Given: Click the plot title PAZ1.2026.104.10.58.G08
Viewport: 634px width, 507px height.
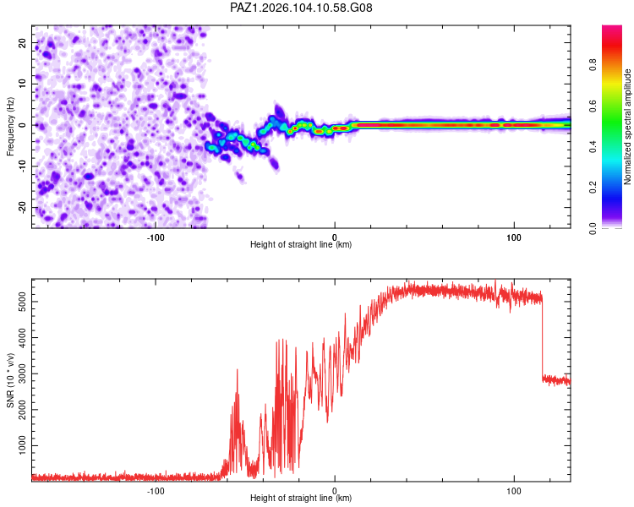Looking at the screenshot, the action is click(301, 8).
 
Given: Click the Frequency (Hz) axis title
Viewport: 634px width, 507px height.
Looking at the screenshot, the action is click(10, 127).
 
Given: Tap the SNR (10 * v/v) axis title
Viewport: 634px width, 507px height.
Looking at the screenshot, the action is click(10, 380).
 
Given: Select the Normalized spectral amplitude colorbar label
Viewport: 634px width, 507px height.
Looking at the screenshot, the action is click(627, 127).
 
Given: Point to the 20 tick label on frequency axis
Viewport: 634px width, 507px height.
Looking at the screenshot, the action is click(22, 42).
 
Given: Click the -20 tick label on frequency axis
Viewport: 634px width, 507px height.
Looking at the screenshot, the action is click(22, 208).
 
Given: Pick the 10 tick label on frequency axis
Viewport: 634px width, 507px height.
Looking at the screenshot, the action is click(22, 84).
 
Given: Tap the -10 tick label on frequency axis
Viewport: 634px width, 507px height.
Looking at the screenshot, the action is click(22, 166).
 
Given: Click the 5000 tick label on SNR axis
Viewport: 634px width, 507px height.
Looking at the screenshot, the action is click(22, 302).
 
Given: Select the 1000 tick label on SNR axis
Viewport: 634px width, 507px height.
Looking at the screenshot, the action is click(22, 445).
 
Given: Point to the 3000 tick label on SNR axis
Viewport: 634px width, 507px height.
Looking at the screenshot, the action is click(22, 373).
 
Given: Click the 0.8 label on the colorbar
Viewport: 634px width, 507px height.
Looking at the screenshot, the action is click(593, 64).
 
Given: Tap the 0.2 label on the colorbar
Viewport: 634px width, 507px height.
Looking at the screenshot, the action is click(593, 188).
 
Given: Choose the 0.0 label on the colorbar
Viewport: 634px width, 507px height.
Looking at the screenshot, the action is click(593, 228).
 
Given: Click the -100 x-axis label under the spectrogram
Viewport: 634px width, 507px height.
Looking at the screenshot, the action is click(156, 237).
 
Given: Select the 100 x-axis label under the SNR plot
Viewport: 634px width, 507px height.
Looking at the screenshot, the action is click(513, 491).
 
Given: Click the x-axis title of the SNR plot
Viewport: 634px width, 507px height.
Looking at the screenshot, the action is click(301, 498).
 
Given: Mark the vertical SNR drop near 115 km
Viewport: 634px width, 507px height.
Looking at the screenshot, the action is click(542, 338).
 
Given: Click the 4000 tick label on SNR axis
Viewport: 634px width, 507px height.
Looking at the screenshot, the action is click(22, 338).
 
